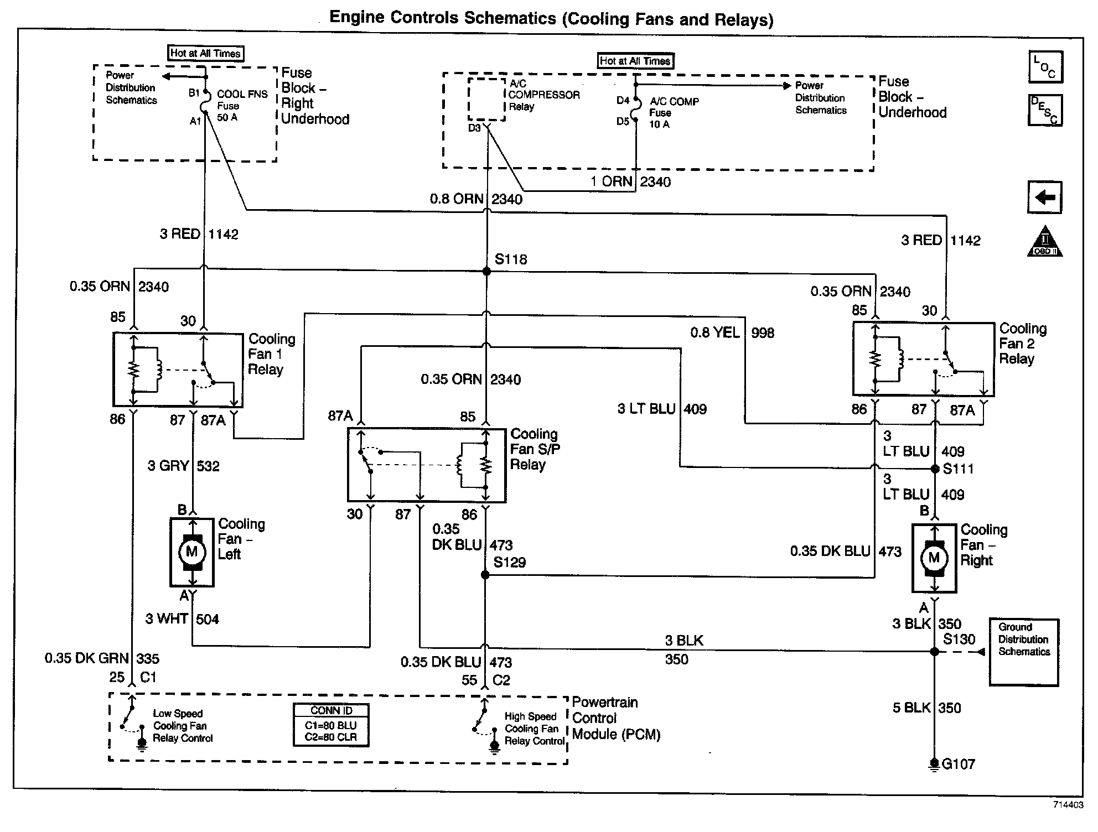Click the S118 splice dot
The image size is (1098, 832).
[486, 271]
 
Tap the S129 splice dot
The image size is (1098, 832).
[485, 575]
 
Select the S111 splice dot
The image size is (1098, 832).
[935, 469]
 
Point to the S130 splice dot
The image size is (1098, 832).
[935, 652]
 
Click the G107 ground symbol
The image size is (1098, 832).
[934, 765]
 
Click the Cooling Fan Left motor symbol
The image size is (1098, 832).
[192, 552]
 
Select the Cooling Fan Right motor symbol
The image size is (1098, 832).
[934, 558]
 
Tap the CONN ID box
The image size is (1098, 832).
[332, 725]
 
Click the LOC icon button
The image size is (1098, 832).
[1045, 67]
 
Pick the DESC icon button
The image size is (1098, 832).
[1045, 110]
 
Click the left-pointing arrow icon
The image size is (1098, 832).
[1045, 197]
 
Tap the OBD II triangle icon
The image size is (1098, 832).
[1045, 241]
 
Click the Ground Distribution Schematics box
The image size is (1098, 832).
[1024, 652]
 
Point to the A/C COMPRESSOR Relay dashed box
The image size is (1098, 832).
[486, 99]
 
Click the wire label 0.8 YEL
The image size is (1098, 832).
[714, 332]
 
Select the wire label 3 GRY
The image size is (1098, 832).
[168, 466]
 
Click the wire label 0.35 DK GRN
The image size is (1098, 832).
[87, 658]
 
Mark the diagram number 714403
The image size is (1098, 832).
[1068, 805]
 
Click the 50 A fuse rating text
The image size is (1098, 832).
[227, 117]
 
